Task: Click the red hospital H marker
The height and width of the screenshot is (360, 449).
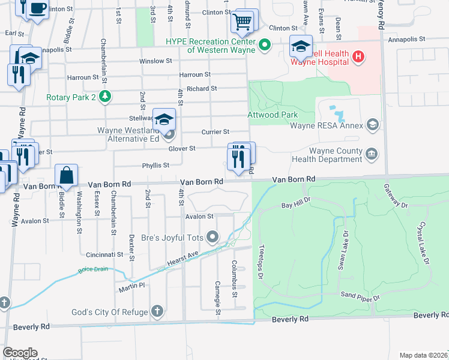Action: (358, 58)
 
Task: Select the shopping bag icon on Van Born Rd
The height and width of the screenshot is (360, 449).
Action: (67, 176)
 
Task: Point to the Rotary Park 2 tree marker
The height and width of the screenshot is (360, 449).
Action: (106, 97)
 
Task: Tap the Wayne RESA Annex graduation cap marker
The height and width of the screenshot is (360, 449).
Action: (373, 125)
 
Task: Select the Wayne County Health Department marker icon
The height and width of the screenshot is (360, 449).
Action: (372, 154)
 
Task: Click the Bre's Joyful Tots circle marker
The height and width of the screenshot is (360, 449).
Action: (212, 238)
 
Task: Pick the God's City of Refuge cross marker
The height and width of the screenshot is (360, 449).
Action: (157, 310)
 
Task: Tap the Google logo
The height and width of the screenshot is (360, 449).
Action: (20, 353)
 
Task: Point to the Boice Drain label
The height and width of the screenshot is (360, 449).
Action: (93, 269)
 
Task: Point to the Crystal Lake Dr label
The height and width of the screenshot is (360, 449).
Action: (424, 243)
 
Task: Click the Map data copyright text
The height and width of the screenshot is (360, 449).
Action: (423, 355)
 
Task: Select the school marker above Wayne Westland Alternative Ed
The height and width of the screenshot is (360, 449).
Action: (164, 119)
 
